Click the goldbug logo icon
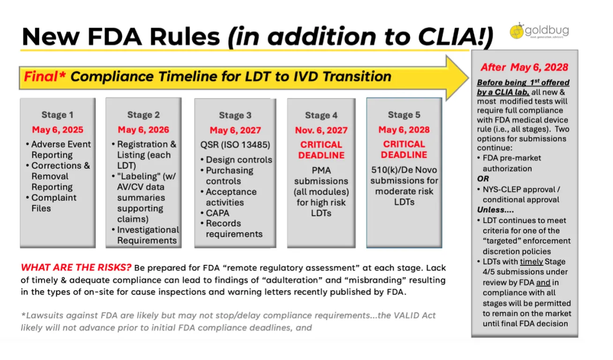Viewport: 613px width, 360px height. click(517, 30)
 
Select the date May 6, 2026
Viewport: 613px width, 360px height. click(143, 130)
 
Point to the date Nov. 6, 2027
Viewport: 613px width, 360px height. click(321, 130)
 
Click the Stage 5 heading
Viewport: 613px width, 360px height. click(404, 115)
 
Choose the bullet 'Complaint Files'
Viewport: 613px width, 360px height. click(53, 203)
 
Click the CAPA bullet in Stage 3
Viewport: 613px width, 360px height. click(217, 213)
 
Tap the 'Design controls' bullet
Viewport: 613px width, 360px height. click(239, 160)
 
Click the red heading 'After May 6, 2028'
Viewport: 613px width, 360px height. click(524, 67)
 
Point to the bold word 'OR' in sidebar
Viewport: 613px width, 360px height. click(483, 179)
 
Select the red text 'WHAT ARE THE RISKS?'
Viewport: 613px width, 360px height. click(76, 268)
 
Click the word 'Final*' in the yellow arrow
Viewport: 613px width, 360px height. click(45, 76)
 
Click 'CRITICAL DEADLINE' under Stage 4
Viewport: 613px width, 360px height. click(321, 150)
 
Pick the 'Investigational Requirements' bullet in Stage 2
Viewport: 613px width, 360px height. click(147, 235)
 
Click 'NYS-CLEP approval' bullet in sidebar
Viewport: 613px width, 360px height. click(521, 194)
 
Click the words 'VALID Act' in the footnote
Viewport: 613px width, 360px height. click(416, 315)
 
